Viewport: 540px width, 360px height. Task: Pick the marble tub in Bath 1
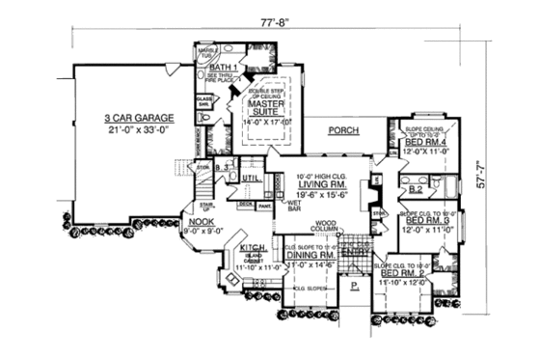(x=206, y=53)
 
